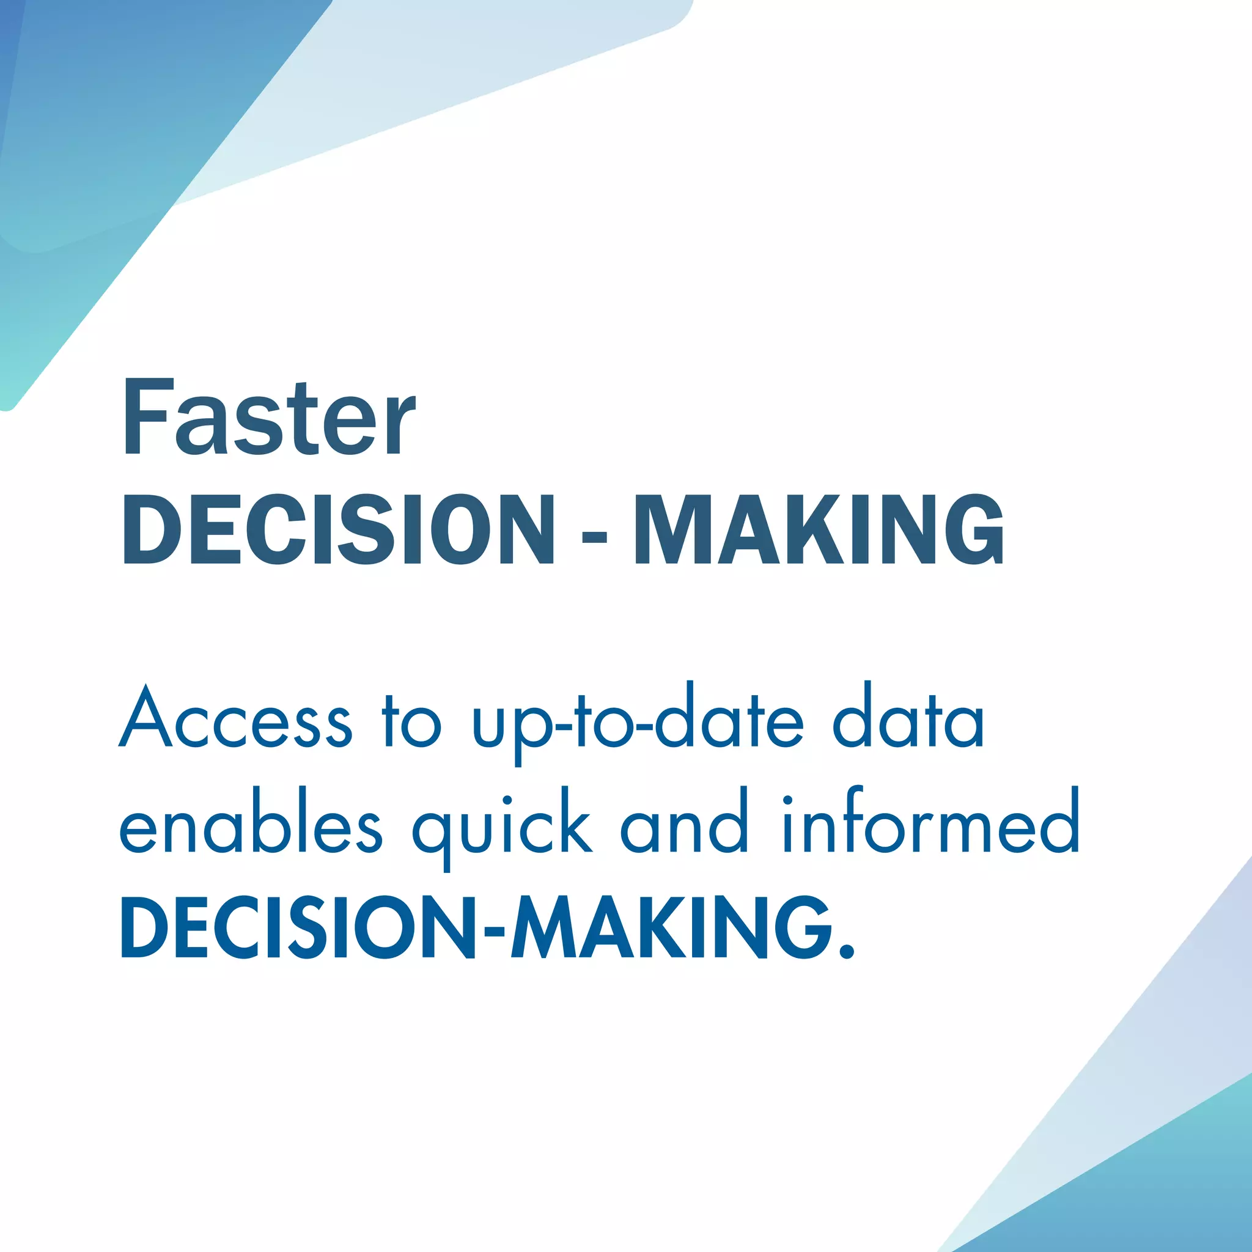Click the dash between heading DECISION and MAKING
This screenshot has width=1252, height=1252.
tap(594, 537)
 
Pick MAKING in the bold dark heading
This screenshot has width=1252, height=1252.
tap(820, 529)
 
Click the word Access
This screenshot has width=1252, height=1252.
tap(236, 718)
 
